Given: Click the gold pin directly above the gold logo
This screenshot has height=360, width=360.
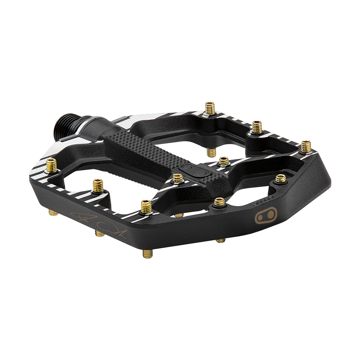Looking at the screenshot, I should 280,179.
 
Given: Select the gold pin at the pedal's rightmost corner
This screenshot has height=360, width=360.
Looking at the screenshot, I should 306,146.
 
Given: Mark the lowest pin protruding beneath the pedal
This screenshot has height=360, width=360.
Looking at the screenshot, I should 147,253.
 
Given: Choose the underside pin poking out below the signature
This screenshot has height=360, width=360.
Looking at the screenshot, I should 100,234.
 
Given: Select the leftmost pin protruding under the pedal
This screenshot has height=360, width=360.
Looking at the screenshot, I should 54,213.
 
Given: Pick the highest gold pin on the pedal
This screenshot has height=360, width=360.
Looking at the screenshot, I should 210,108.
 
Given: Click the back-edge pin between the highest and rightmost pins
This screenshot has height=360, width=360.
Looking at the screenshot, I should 257,127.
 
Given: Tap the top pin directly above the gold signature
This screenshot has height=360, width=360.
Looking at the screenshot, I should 98,185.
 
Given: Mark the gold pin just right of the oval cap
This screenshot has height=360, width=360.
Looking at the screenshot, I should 224,162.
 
